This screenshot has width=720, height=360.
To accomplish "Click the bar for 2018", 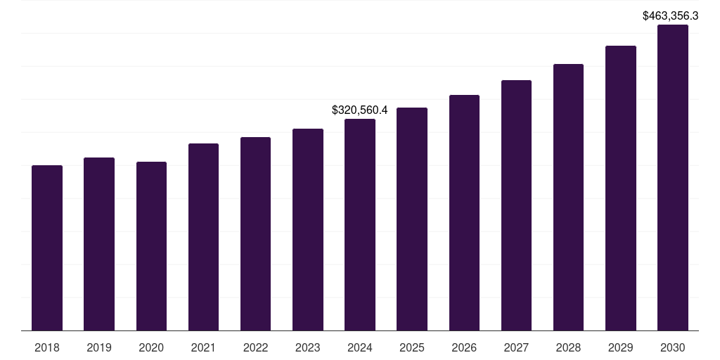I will click(x=47, y=247).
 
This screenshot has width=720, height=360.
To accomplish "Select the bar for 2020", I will click(x=151, y=246).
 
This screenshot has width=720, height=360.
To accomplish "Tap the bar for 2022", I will click(x=255, y=233).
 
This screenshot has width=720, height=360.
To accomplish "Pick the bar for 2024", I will click(x=360, y=224).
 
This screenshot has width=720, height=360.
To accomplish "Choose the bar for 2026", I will click(x=464, y=212).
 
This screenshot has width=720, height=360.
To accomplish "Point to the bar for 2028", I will click(x=568, y=197).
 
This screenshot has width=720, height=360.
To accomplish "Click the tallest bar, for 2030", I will click(x=673, y=177).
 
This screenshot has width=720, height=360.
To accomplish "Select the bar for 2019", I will click(x=99, y=244).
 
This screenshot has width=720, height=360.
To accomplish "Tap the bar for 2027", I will click(x=516, y=205).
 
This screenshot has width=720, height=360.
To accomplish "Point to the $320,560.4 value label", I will click(x=360, y=110).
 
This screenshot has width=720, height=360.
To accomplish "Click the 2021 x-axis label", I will click(x=203, y=347).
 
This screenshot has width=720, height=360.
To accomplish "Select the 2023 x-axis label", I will click(x=308, y=347).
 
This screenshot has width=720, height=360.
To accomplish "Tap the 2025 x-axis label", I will click(x=412, y=347).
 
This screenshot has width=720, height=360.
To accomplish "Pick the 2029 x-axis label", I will click(x=621, y=347).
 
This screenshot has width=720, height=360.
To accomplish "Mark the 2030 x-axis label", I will click(x=673, y=347).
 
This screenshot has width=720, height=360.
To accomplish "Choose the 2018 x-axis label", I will click(x=47, y=347).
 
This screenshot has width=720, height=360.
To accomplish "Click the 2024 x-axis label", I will click(x=360, y=347).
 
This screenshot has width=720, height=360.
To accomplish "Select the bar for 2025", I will click(x=412, y=219).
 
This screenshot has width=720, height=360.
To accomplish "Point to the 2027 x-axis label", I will click(x=516, y=347).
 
